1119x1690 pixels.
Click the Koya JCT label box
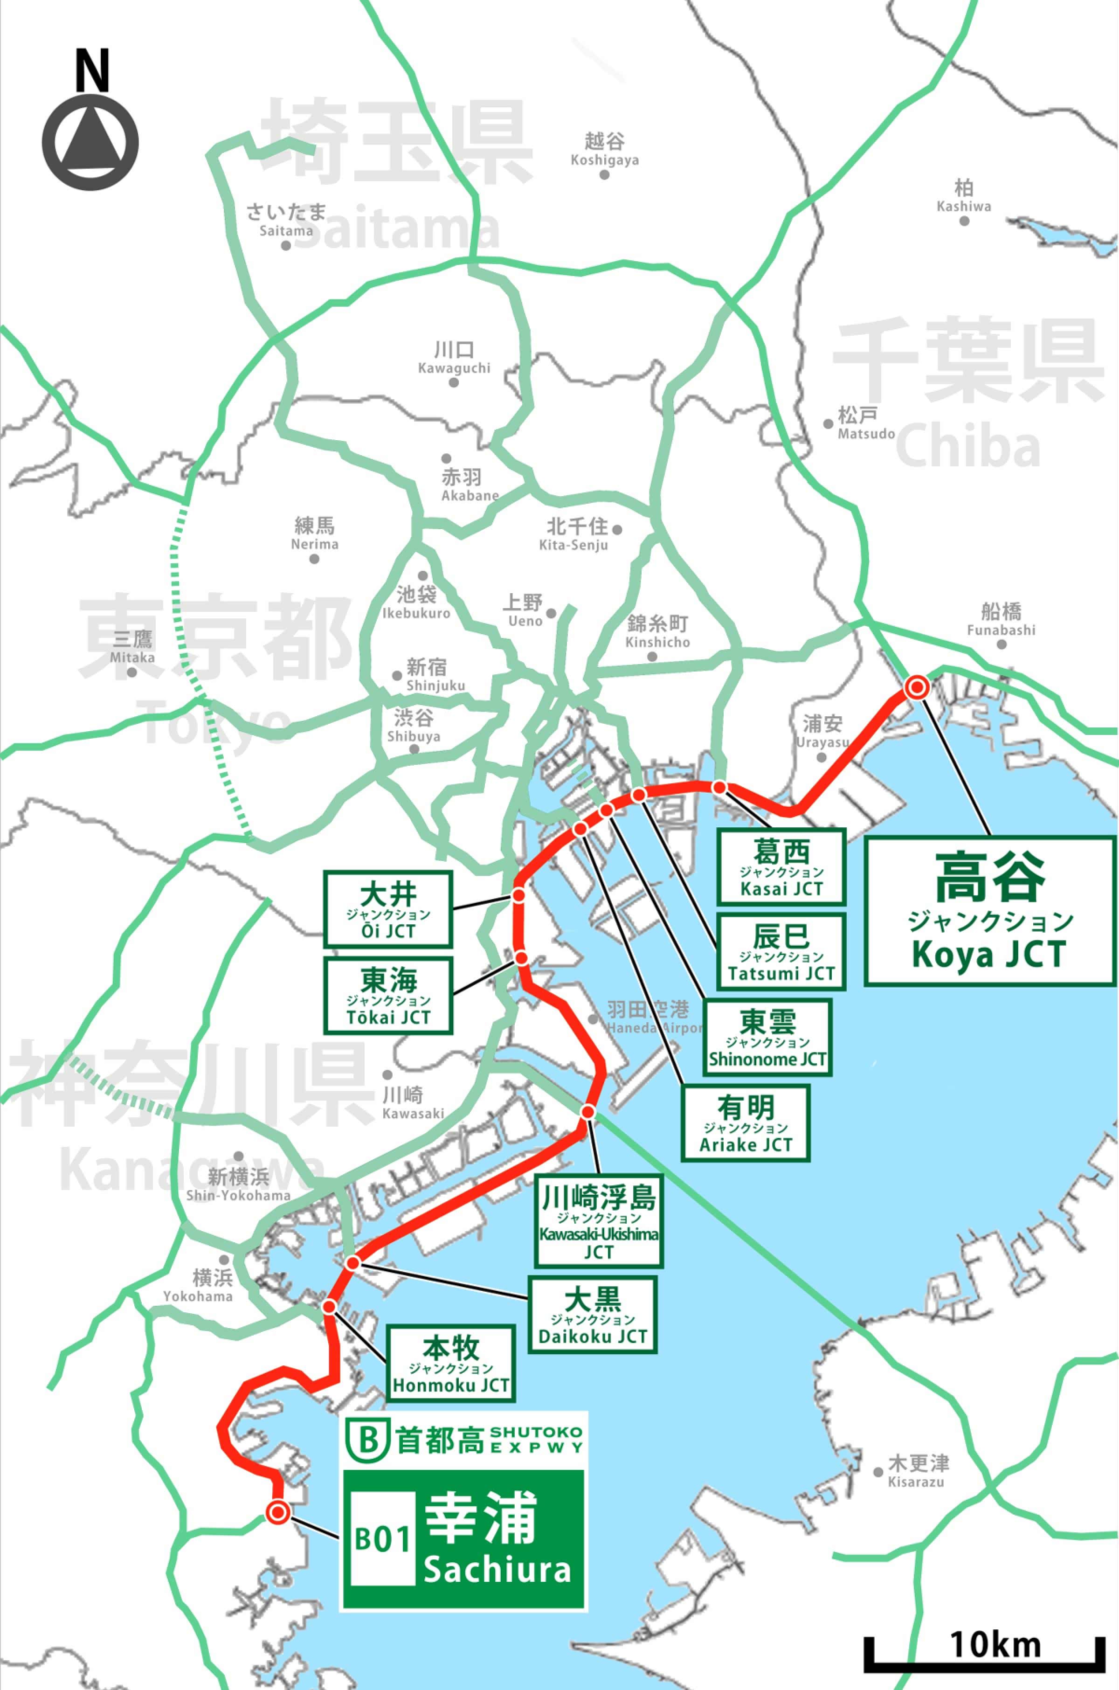990,911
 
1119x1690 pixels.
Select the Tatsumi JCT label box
781,951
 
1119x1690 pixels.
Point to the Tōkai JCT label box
388,995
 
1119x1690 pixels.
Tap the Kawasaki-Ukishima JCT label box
598,1222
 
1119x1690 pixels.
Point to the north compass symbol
90,143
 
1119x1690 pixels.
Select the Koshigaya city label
604,150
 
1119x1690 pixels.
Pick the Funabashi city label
1001,619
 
